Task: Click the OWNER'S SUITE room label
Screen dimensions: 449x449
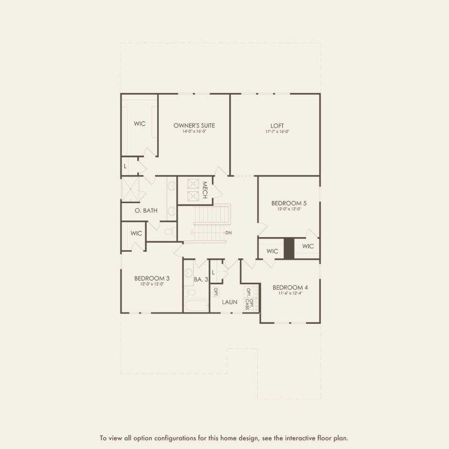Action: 194,125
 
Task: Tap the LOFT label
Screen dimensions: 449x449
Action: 277,125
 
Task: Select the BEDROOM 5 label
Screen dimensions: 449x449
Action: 289,203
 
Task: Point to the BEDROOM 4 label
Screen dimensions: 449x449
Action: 290,287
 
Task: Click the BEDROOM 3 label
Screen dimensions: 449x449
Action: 152,278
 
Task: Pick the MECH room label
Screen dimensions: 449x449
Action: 205,190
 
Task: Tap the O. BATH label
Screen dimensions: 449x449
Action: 146,210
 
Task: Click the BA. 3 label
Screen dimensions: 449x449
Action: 201,279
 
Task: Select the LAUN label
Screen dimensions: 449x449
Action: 230,302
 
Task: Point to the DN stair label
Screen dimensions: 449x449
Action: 229,233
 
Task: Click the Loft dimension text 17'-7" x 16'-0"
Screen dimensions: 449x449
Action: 277,132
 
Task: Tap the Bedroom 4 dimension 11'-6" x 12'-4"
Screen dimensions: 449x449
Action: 290,293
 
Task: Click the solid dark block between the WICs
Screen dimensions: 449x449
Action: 289,248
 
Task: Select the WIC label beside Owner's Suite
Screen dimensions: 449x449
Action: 140,124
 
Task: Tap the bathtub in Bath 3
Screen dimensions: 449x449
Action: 195,306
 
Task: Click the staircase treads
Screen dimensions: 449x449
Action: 211,223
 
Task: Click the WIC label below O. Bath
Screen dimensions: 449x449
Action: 136,233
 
